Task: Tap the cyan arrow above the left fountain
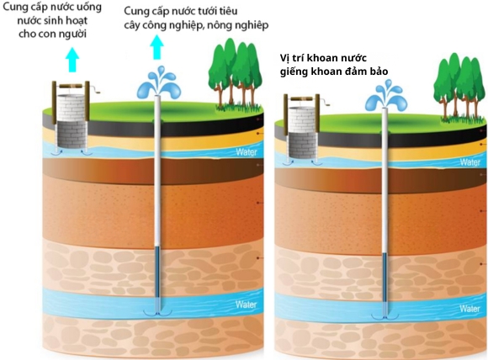coord(156,52)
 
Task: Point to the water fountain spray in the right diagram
coord(384,100)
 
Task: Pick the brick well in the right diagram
coord(300,130)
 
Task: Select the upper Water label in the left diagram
coord(246,152)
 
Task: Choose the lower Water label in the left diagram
coord(246,304)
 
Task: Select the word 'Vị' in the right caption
coord(286,58)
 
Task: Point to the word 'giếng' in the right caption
coord(297,71)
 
